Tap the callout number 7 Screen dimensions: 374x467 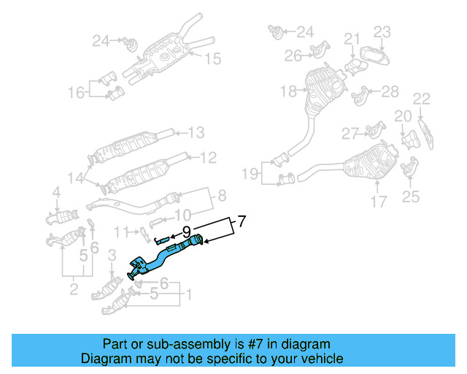point(243,220)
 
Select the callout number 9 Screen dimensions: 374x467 point(186,231)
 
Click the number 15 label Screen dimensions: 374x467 point(212,59)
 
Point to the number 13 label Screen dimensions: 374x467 point(196,133)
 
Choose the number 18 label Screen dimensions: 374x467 point(287,91)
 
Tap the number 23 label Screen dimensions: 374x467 point(383,31)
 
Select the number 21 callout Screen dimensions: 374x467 point(352,39)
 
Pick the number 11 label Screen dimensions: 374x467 point(120,232)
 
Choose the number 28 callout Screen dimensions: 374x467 point(390,91)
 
